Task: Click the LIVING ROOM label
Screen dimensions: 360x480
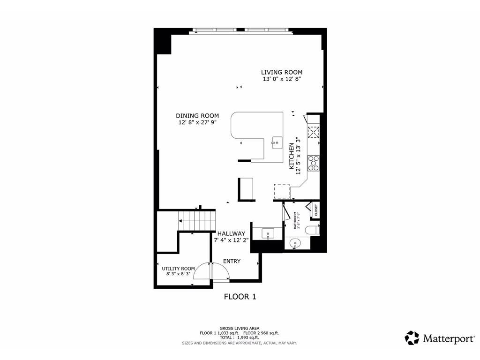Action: (x=281, y=72)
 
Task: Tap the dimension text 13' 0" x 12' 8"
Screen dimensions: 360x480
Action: (x=281, y=79)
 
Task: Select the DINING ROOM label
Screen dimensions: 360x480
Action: (x=197, y=116)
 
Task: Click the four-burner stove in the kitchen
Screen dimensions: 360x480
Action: (x=313, y=163)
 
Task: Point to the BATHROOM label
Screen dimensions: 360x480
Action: (x=295, y=220)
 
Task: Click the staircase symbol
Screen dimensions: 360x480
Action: (x=197, y=221)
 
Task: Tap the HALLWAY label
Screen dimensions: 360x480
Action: (x=231, y=233)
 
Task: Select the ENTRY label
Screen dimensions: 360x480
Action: (x=232, y=261)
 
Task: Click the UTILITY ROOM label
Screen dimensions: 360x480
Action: (x=178, y=269)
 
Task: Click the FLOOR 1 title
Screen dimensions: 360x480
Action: (x=240, y=297)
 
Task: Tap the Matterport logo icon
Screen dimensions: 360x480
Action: (x=412, y=338)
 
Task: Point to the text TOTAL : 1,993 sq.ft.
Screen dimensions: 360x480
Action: (x=240, y=337)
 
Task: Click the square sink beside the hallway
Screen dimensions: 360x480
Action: (x=268, y=233)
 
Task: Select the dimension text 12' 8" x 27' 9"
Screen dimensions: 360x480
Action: (x=197, y=123)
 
